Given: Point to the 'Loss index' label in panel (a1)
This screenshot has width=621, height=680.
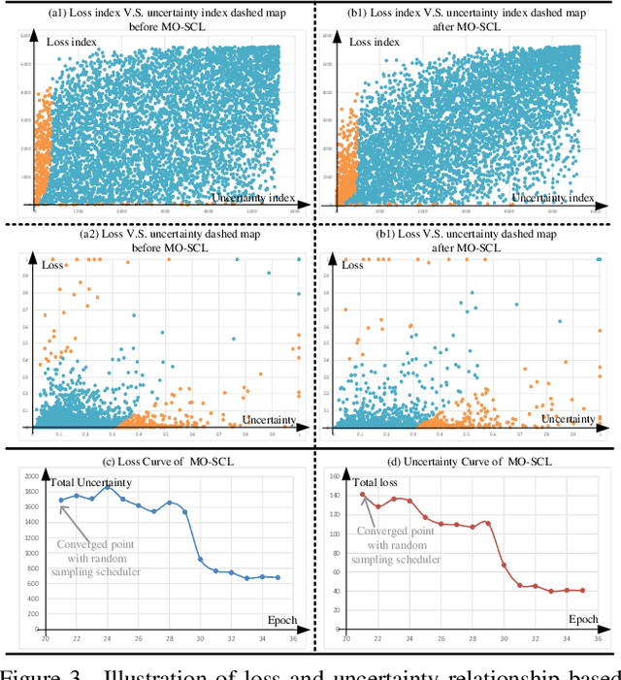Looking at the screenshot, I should coord(74,43).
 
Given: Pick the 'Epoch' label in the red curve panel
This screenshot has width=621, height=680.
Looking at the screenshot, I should coord(582,619).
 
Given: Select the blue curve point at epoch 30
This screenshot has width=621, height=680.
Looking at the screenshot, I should coord(200,559).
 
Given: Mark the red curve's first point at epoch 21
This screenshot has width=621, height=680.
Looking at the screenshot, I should coord(363,494).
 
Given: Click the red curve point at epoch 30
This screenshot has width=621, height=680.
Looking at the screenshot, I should coord(503,565).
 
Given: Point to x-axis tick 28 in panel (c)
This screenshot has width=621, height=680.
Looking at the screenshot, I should coord(169,638).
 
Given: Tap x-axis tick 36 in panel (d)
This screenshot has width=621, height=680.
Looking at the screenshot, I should coord(598,638).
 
